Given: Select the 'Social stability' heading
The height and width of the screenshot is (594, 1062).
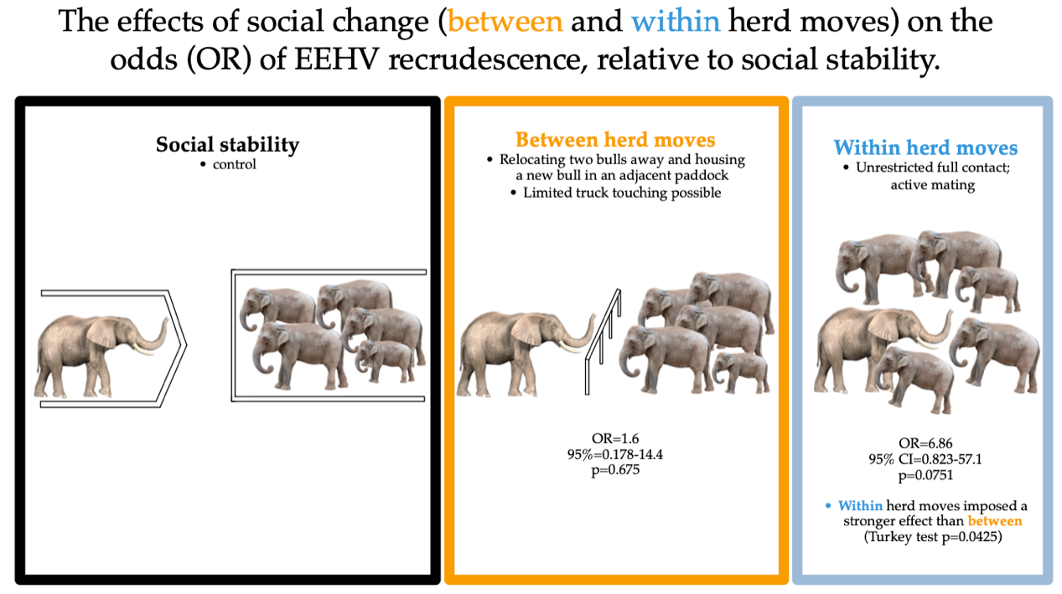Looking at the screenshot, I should coord(227,144).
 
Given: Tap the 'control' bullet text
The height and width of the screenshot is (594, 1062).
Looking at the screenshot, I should coord(234,164).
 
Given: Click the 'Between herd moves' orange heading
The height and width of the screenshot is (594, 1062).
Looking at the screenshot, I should coord(615,139).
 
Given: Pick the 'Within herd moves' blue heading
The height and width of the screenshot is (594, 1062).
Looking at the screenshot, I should coord(925,148).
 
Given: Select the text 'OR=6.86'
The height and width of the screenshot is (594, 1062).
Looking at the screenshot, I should coord(926,442).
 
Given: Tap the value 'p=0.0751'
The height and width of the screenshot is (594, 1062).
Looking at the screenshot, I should coord(926,474).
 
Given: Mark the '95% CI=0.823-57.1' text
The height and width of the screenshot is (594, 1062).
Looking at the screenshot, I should coord(926,458).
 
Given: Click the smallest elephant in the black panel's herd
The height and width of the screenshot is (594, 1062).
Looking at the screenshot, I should coord(386,360).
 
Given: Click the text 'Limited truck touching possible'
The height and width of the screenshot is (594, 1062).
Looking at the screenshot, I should coord(621,192).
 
